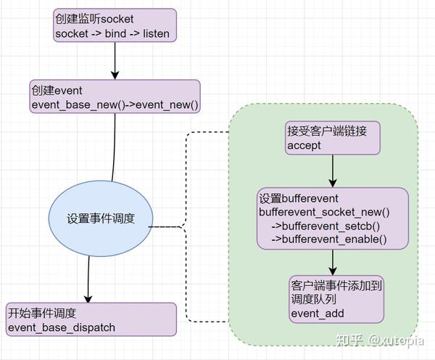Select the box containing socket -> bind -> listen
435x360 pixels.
point(115,25)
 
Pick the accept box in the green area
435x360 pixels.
point(332,138)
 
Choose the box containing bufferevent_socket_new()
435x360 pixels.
point(332,218)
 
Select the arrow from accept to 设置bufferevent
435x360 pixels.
point(332,171)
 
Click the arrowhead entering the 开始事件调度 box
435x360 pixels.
point(88,298)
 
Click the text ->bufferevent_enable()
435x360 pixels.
point(328,240)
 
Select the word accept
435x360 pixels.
point(304,146)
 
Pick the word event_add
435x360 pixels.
point(317,314)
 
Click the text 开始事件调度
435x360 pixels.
point(42,314)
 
